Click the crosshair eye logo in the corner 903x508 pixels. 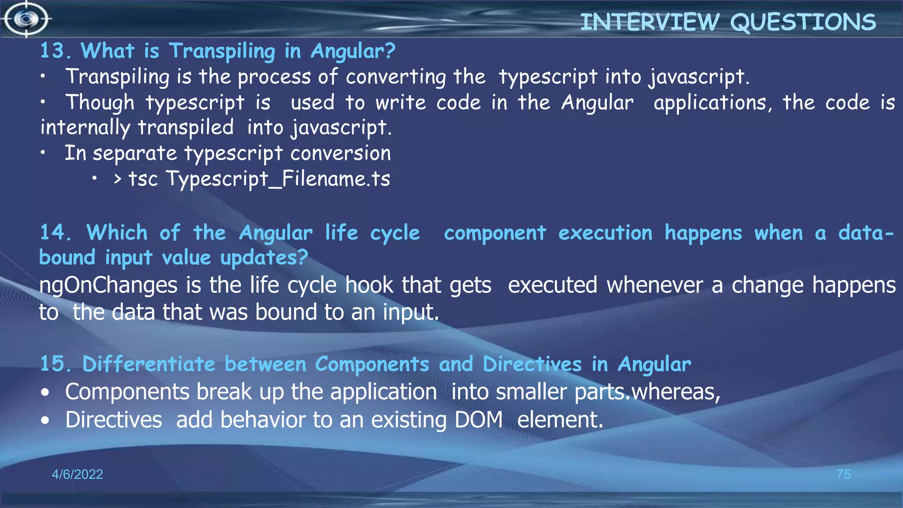26,19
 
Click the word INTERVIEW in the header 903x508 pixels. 649,22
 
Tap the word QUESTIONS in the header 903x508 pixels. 803,22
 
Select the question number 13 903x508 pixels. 55,51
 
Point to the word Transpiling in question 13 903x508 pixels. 222,52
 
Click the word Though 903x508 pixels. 100,102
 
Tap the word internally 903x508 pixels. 85,128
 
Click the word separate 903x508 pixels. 134,153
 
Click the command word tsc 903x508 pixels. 143,179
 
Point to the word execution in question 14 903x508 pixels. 605,233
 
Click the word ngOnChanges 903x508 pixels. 108,285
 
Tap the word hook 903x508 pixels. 369,285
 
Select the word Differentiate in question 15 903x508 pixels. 149,364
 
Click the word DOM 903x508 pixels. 479,419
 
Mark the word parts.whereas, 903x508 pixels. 647,392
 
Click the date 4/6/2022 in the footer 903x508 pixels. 77,474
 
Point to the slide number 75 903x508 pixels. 843,474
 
